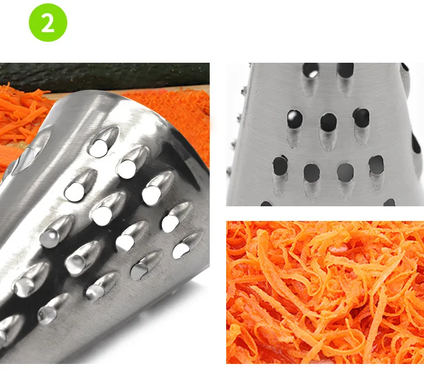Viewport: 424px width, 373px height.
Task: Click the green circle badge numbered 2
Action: (48, 23)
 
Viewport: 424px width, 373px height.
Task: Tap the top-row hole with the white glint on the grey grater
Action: (311, 71)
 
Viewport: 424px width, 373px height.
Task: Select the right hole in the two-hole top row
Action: (345, 70)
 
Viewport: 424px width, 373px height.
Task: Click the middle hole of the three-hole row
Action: (328, 123)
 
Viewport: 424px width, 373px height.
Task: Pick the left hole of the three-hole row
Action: (295, 119)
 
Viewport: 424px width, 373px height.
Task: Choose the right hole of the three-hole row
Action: (361, 118)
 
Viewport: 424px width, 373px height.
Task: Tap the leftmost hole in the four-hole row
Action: (280, 165)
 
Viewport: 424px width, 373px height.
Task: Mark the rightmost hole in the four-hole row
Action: (376, 165)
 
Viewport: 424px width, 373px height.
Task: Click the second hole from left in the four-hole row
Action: (311, 172)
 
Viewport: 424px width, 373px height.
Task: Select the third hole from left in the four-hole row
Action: (345, 172)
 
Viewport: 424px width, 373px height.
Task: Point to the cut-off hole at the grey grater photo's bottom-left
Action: (266, 203)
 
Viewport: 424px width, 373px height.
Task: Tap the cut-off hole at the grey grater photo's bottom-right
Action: (390, 202)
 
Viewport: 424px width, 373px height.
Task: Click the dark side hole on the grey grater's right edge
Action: (416, 143)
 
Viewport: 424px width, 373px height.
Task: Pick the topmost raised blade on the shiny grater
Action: (103, 142)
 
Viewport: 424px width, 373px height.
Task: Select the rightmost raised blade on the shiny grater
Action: (187, 245)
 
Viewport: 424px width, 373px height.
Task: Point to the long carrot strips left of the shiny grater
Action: (21, 116)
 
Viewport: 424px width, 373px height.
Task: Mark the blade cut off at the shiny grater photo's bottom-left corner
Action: (11, 328)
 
